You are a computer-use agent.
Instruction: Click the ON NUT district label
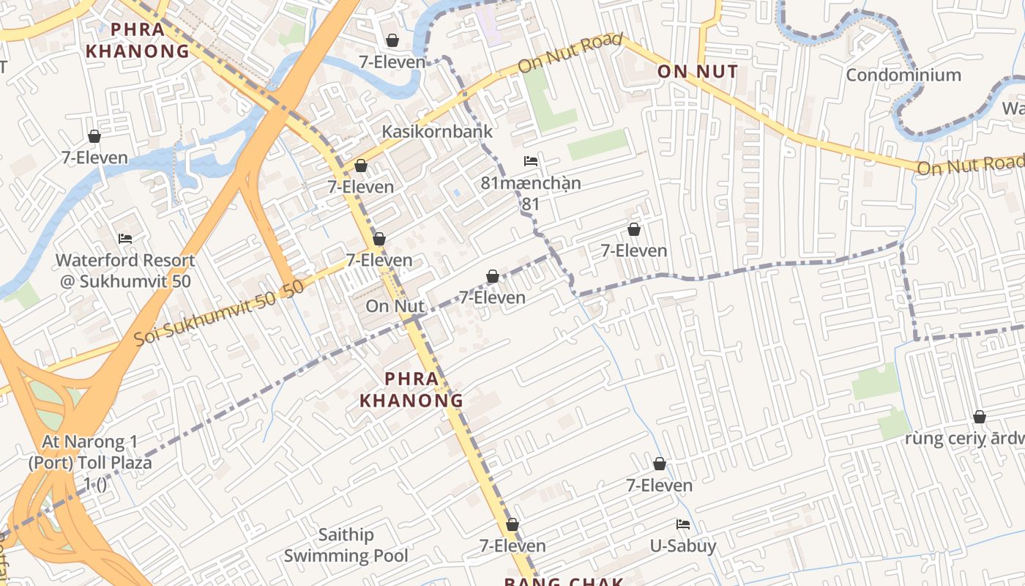pyautogui.click(x=697, y=72)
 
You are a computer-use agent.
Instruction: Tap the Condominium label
pyautogui.click(x=903, y=75)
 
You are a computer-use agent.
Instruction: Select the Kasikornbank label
pyautogui.click(x=437, y=132)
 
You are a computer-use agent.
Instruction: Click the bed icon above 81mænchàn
pyautogui.click(x=531, y=161)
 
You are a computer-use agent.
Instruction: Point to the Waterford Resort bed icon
pyautogui.click(x=125, y=239)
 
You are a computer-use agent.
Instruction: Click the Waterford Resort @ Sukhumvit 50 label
pyautogui.click(x=125, y=270)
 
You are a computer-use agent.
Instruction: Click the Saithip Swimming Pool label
pyautogui.click(x=346, y=545)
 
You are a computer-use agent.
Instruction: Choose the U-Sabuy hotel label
pyautogui.click(x=683, y=546)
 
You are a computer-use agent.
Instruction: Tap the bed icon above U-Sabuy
pyautogui.click(x=683, y=524)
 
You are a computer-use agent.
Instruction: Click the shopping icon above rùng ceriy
pyautogui.click(x=980, y=418)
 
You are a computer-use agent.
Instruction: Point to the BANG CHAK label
pyautogui.click(x=564, y=582)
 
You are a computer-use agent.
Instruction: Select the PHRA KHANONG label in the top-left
pyautogui.click(x=138, y=40)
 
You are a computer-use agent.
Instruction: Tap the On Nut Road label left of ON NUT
pyautogui.click(x=570, y=53)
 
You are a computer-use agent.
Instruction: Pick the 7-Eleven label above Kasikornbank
pyautogui.click(x=392, y=62)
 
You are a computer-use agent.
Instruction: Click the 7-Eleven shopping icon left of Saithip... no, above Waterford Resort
pyautogui.click(x=94, y=137)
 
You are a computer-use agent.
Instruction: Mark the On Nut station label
pyautogui.click(x=395, y=306)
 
